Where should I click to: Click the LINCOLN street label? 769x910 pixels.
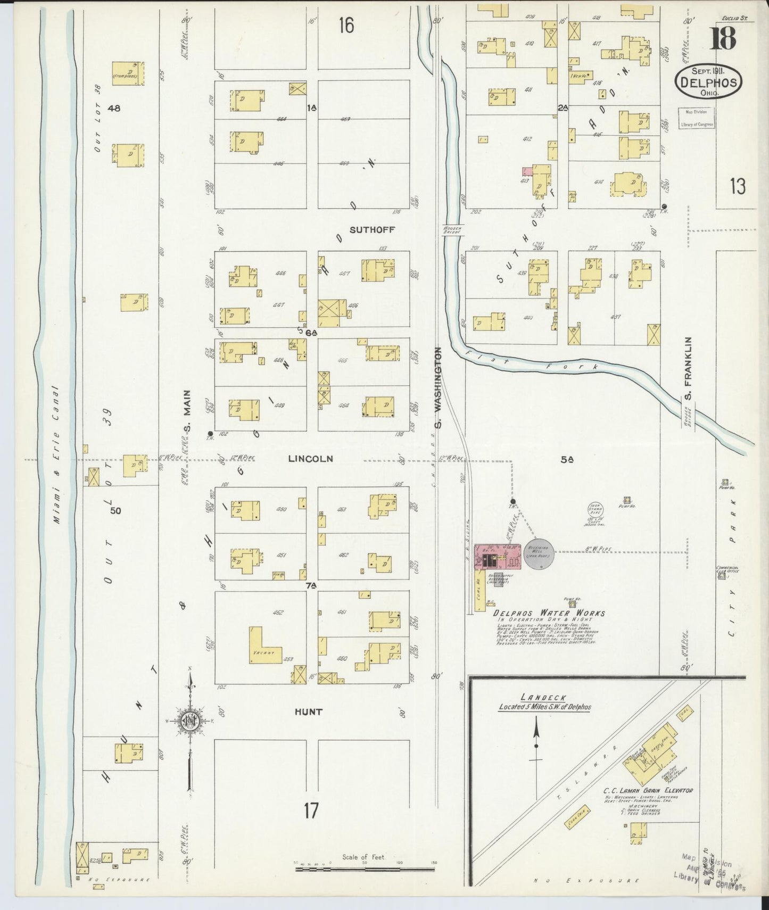pyautogui.click(x=311, y=458)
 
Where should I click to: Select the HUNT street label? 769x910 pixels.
pyautogui.click(x=308, y=712)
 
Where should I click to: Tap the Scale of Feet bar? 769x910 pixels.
pyautogui.click(x=365, y=869)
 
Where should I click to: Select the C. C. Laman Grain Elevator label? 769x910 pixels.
pyautogui.click(x=648, y=790)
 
